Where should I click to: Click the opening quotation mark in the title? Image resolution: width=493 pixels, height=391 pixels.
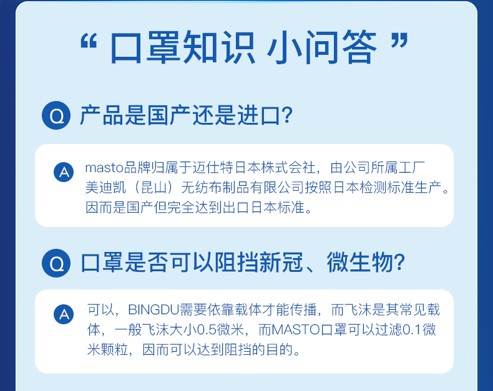[89, 41]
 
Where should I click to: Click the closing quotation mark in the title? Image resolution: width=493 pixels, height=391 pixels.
[399, 41]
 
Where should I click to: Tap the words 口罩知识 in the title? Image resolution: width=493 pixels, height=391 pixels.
[182, 47]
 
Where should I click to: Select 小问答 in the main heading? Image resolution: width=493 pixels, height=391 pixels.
[322, 47]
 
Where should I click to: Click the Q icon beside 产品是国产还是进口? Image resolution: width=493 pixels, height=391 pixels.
[56, 115]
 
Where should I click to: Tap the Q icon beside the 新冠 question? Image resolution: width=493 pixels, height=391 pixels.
[56, 263]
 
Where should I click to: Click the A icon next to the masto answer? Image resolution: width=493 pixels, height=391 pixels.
[64, 172]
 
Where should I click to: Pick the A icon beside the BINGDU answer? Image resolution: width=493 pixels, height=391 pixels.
[64, 314]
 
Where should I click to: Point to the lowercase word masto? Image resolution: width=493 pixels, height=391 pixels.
[104, 168]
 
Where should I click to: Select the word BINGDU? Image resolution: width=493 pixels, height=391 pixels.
[154, 310]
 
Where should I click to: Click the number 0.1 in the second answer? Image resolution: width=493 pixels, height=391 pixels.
[412, 330]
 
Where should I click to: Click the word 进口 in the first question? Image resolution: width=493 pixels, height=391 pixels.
[258, 115]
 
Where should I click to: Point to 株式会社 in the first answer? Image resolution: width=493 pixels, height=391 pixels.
[288, 168]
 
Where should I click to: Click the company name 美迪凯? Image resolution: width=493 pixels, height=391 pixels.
[105, 188]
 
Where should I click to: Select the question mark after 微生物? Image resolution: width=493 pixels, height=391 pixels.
[399, 263]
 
